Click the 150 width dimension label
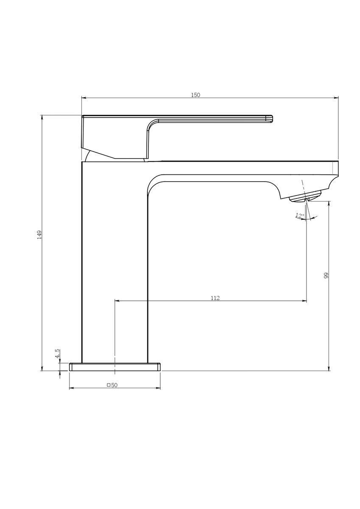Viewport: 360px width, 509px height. [195, 95]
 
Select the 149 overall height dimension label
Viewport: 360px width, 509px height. [39, 235]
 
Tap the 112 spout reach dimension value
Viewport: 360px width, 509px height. [215, 298]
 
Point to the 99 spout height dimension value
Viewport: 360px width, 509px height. [327, 275]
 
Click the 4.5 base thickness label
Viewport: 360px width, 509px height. [58, 353]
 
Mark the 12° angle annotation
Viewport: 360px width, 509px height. [300, 215]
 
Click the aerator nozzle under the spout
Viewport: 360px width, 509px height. [305, 196]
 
